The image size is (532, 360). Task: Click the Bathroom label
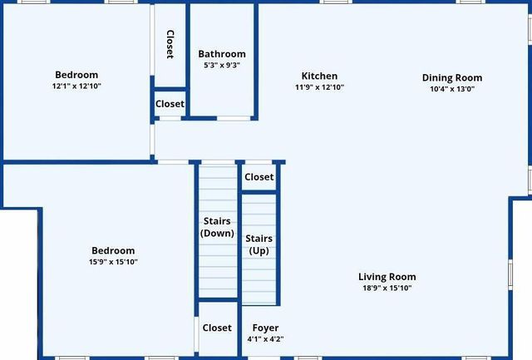(222, 54)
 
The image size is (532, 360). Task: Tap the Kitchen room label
(319, 76)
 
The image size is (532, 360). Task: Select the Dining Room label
(452, 78)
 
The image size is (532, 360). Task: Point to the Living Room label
(387, 277)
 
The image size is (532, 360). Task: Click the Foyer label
(265, 328)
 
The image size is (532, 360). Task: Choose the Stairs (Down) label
(218, 227)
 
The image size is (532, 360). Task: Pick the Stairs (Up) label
(259, 244)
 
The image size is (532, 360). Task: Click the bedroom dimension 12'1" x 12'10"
(76, 86)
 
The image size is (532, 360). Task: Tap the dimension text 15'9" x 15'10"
(113, 262)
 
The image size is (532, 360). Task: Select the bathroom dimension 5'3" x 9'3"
(222, 65)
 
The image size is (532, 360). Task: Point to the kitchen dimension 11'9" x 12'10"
(319, 86)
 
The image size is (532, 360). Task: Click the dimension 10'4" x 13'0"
(452, 89)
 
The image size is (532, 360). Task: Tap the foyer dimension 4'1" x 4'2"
(265, 339)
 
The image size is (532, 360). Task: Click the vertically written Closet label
(170, 44)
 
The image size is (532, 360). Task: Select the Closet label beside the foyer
(217, 328)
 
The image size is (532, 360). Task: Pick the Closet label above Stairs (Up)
(259, 177)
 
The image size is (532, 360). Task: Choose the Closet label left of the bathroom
(170, 105)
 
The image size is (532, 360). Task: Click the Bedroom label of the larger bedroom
(113, 251)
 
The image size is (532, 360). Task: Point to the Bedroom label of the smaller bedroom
(76, 75)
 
